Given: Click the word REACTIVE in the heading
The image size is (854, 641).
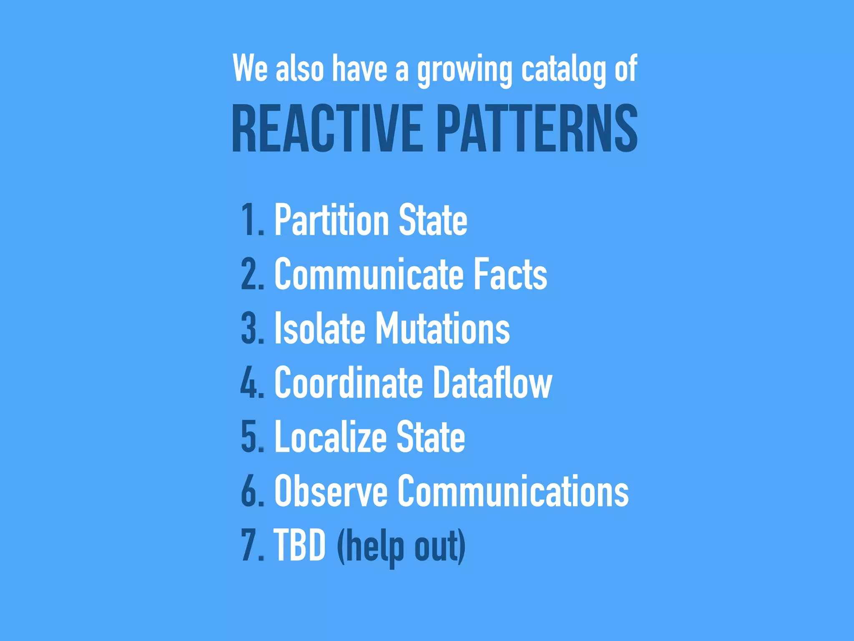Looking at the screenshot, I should coord(327,128).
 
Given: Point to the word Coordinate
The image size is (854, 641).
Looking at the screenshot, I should coord(349,383).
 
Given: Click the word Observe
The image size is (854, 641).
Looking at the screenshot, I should coord(331,491).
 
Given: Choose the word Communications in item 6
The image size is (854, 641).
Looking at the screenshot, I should coord(513,491).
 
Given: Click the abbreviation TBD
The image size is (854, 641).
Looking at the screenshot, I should coord(299,545).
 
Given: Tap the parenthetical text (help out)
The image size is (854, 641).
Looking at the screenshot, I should coord(401,547).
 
